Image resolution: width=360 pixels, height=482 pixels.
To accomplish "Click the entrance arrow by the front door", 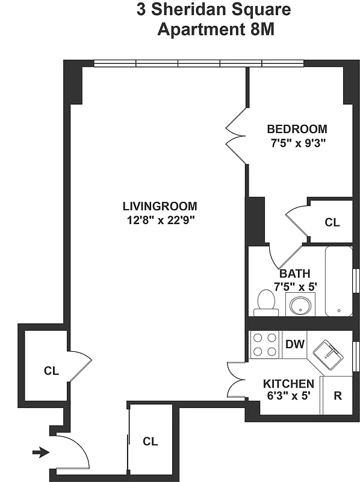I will coord(41,452).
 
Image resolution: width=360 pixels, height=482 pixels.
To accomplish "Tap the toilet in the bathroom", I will coord(265,303).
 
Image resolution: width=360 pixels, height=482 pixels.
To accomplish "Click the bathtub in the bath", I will coord(338,281).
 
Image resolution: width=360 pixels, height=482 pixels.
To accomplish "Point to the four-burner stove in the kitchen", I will coord(264,345).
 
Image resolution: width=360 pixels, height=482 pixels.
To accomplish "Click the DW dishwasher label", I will coord(294,344).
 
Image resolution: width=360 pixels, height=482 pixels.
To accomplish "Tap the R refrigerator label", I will coord(338,396).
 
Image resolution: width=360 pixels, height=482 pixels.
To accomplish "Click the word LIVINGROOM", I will coord(160,206).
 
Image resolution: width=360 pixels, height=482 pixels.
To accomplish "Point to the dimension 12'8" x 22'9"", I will coord(160,220).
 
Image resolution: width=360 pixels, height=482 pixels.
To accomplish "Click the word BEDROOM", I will coord(297,129).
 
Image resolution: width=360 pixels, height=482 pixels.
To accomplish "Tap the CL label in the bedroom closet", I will coord(332,222).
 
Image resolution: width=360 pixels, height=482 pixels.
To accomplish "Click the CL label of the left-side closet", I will coord(51,371).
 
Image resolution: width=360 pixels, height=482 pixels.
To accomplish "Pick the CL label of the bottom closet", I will coord(150,441).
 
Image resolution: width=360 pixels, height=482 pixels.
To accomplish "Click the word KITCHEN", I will coord(288,384).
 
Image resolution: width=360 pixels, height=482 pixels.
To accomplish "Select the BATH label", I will coord(295,274).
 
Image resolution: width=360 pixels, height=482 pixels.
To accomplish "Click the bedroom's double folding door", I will coord(236,136).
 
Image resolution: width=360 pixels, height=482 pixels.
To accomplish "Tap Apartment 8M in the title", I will coord(215,30).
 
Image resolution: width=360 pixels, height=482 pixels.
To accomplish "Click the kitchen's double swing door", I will coord(237,380).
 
